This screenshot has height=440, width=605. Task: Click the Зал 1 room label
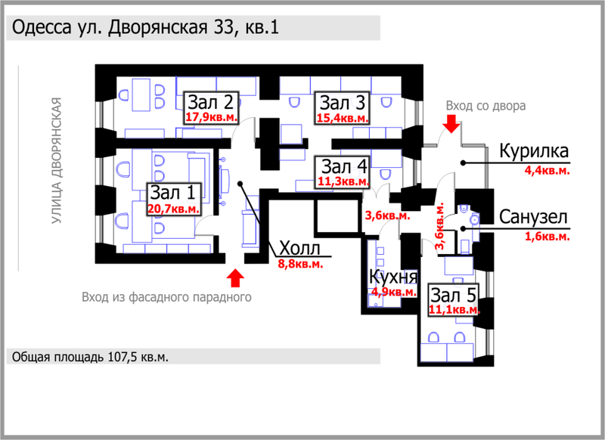tap(172, 193)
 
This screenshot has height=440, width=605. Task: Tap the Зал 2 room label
tap(211, 103)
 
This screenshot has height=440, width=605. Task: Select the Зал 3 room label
tap(343, 103)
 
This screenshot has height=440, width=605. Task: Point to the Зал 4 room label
tap(344, 166)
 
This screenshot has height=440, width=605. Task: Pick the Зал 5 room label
tap(453, 296)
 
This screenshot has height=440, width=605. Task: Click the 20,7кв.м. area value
tap(174, 209)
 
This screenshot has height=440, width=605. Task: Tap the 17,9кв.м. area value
tap(212, 117)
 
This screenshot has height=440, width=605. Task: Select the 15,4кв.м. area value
tap(343, 118)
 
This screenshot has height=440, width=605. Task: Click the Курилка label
tap(534, 150)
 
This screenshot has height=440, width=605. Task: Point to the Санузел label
tap(533, 217)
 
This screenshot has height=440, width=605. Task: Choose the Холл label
tap(299, 248)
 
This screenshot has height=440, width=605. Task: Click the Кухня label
tap(393, 277)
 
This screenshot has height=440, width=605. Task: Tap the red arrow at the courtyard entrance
tap(451, 124)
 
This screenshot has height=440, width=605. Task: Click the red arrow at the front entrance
tap(235, 278)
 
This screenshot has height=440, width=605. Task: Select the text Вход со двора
tap(486, 106)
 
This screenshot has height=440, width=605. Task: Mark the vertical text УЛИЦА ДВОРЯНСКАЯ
tap(57, 160)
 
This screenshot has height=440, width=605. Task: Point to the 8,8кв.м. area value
tap(300, 264)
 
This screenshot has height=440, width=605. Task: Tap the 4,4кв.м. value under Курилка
tap(547, 170)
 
